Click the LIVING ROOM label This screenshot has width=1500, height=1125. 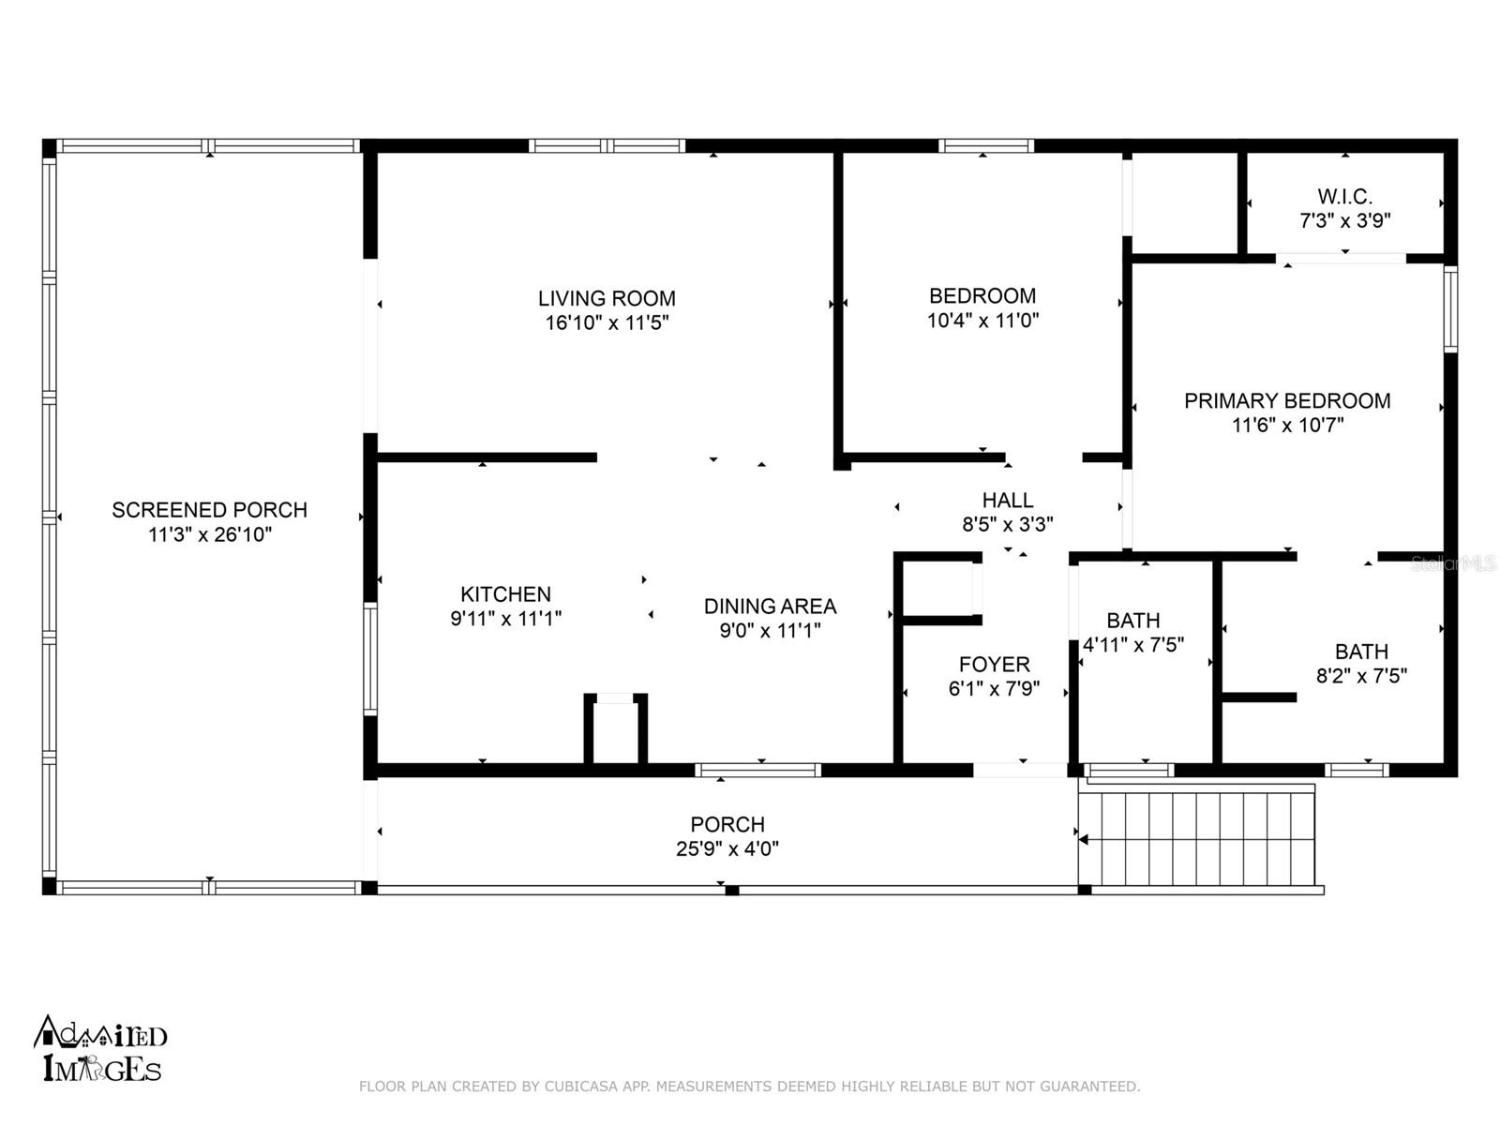[x=607, y=298]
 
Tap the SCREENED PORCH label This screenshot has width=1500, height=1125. [x=210, y=510]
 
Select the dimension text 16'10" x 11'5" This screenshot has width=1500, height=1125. [x=607, y=322]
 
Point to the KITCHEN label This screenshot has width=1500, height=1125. [x=505, y=593]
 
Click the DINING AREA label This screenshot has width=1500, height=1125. [x=771, y=606]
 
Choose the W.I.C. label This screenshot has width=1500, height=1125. [x=1345, y=197]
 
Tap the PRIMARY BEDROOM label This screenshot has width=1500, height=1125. [x=1287, y=400]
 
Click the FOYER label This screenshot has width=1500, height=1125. [x=995, y=664]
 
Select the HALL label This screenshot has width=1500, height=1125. [x=1008, y=500]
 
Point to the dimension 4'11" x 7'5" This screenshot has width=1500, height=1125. [x=1133, y=644]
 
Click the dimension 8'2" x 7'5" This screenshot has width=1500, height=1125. [x=1362, y=676]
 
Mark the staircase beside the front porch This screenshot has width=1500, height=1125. [x=1196, y=837]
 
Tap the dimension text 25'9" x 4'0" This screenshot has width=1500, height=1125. [x=727, y=848]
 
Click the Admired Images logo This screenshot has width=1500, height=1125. [x=100, y=1048]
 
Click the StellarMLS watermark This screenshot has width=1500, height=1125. [x=1453, y=563]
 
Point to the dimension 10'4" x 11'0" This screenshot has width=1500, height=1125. [x=982, y=320]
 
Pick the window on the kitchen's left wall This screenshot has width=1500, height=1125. [x=369, y=659]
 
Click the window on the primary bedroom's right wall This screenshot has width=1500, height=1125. [x=1450, y=309]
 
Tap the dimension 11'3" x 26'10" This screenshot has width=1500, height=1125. [x=210, y=534]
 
